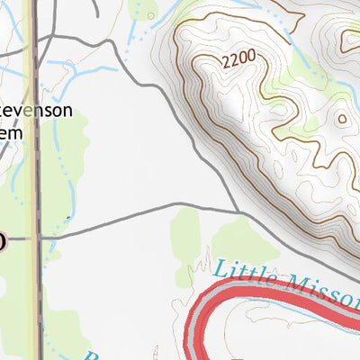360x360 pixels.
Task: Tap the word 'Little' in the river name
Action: (244, 272)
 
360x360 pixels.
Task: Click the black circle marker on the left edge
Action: (2, 240)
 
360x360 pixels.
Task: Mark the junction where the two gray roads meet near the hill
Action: (239, 213)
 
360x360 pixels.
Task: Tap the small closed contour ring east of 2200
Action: (342, 118)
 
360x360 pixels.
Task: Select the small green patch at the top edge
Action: (144, 9)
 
